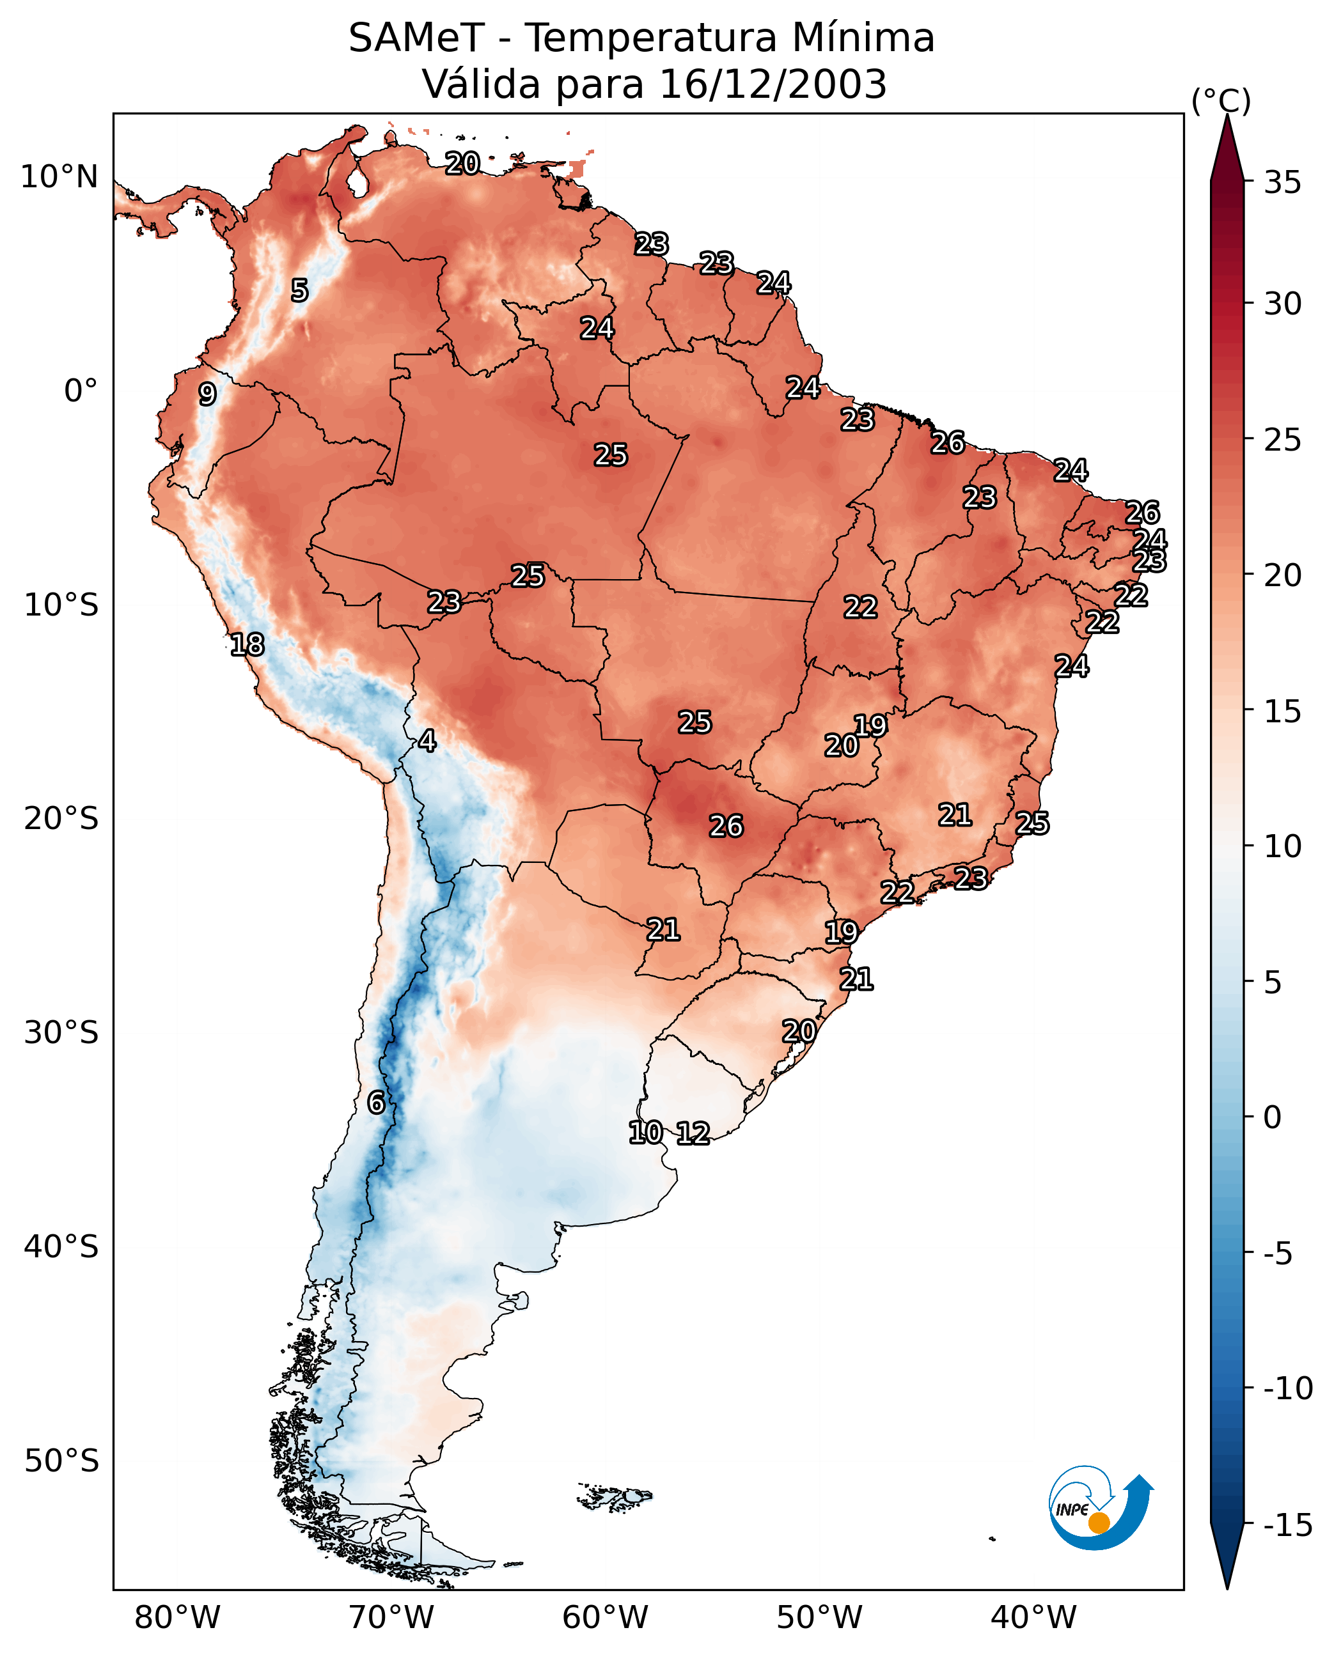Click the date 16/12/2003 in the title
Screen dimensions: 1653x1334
pos(773,84)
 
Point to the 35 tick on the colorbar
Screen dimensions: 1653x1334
pos(1282,183)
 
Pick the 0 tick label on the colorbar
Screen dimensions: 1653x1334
pos(1273,1117)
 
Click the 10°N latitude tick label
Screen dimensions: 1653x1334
pos(59,178)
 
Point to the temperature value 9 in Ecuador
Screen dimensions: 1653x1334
pos(207,394)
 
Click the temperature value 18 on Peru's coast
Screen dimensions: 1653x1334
pos(247,644)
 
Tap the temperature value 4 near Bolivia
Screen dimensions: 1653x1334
pos(427,740)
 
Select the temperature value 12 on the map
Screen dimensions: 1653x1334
pos(693,1133)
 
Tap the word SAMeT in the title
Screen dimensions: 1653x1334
pos(416,38)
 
